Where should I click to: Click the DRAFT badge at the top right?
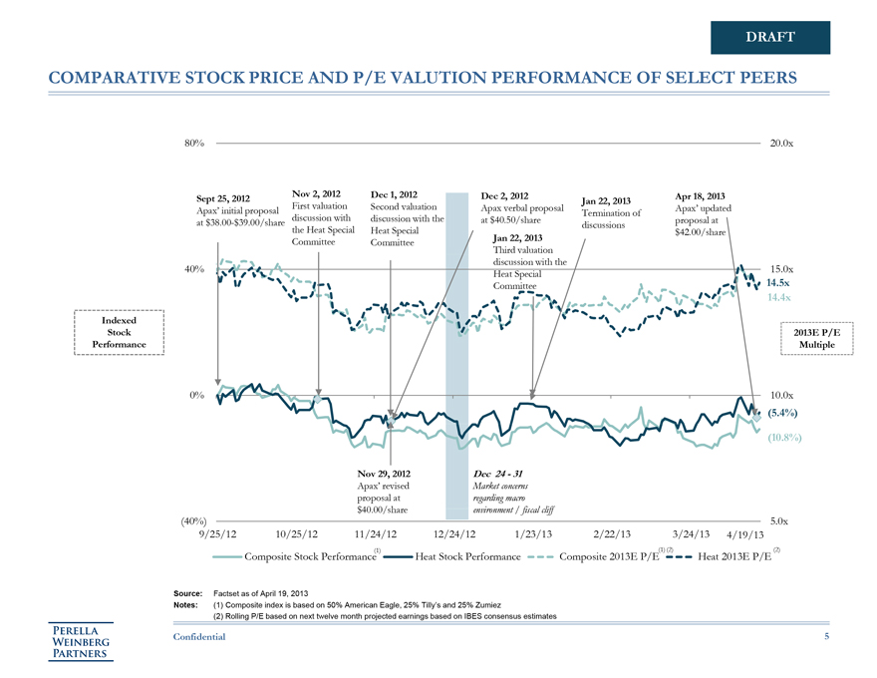tap(769, 37)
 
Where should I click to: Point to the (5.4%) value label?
tap(784, 412)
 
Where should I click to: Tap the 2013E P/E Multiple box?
tap(821, 339)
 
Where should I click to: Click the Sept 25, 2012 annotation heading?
tap(224, 198)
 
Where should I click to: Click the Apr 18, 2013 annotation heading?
tap(701, 195)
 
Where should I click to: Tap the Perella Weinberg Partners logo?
tap(84, 640)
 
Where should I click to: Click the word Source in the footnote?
tap(187, 593)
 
